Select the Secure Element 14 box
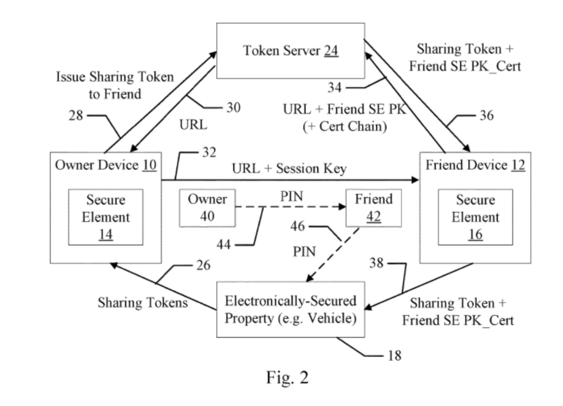(106, 217)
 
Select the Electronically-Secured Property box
(290, 309)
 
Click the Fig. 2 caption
(287, 377)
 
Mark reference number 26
(203, 266)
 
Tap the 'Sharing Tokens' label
(143, 303)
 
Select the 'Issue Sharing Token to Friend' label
(115, 85)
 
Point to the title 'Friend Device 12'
(475, 165)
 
